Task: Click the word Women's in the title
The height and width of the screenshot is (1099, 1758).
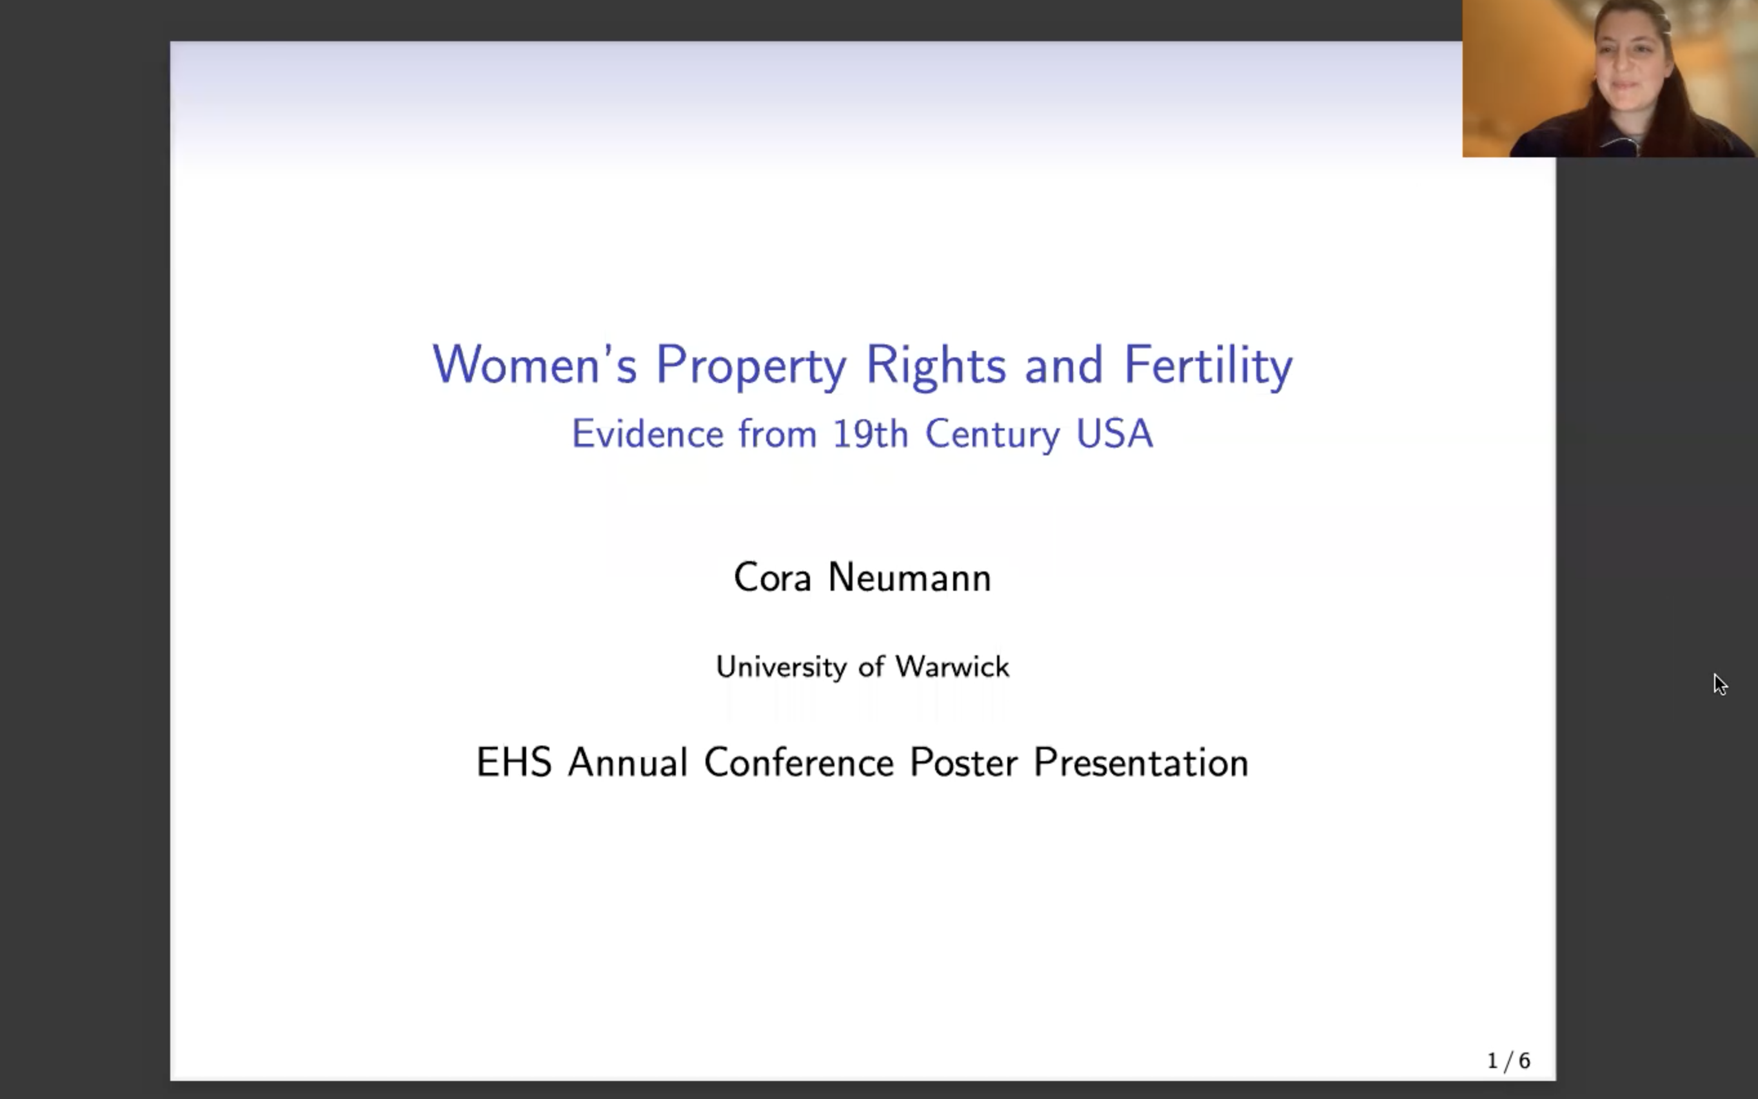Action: pos(534,364)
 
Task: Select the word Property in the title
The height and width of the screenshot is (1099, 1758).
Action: pos(751,366)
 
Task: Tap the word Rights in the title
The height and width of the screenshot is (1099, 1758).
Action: pos(935,364)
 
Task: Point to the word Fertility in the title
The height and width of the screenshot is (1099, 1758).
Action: pos(1208,366)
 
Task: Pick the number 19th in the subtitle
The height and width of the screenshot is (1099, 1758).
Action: pos(870,434)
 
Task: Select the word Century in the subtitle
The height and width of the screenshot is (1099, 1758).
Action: pos(992,435)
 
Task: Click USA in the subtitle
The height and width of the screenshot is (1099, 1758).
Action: pos(1114,434)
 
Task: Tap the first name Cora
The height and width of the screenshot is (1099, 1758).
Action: pos(772,578)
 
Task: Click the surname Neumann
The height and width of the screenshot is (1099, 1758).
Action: pos(909,578)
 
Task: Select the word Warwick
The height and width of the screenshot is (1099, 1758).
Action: pos(952,666)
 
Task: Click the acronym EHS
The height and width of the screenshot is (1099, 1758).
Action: pos(513,762)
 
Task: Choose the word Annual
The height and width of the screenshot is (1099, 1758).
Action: pos(627,762)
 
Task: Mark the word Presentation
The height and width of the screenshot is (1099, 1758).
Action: pos(1140,763)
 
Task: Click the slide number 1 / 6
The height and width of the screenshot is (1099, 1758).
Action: pos(1508,1061)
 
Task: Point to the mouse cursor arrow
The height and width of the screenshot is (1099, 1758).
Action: pos(1719,683)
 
